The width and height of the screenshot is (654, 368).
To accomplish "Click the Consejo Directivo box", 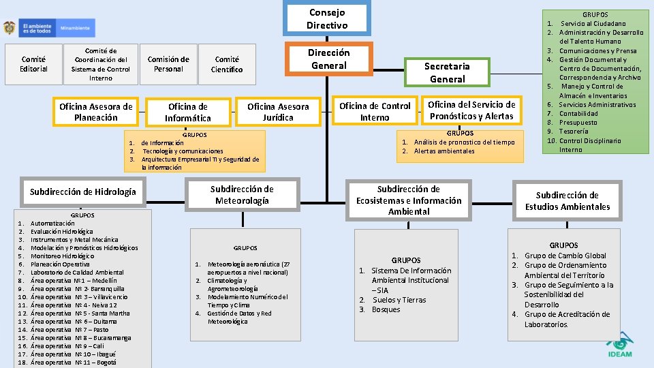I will click(327, 19).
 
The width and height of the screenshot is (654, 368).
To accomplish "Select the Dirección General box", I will click(328, 59).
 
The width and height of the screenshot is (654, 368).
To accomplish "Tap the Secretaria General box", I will click(446, 72).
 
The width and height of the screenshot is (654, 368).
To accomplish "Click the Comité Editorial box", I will click(33, 64).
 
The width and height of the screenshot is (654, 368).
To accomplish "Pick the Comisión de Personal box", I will click(168, 64).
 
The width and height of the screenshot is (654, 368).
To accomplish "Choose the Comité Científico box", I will click(227, 64).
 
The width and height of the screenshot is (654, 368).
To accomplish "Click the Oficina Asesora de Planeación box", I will click(96, 112).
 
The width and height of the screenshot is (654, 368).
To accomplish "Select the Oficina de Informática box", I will click(188, 112).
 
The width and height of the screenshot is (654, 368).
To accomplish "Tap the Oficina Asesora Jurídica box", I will click(278, 112).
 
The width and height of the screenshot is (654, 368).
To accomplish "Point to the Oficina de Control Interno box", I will click(375, 112).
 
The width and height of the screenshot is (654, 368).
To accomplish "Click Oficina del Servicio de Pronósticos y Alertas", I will click(471, 110).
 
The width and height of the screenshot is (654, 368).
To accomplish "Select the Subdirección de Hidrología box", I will click(83, 191).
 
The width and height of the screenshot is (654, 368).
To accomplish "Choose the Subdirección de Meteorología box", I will click(242, 194).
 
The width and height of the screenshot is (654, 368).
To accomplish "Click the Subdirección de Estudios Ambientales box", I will click(567, 201).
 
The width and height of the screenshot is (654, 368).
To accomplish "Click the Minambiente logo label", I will click(75, 29).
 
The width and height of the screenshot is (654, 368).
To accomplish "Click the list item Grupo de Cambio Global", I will click(565, 256).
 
